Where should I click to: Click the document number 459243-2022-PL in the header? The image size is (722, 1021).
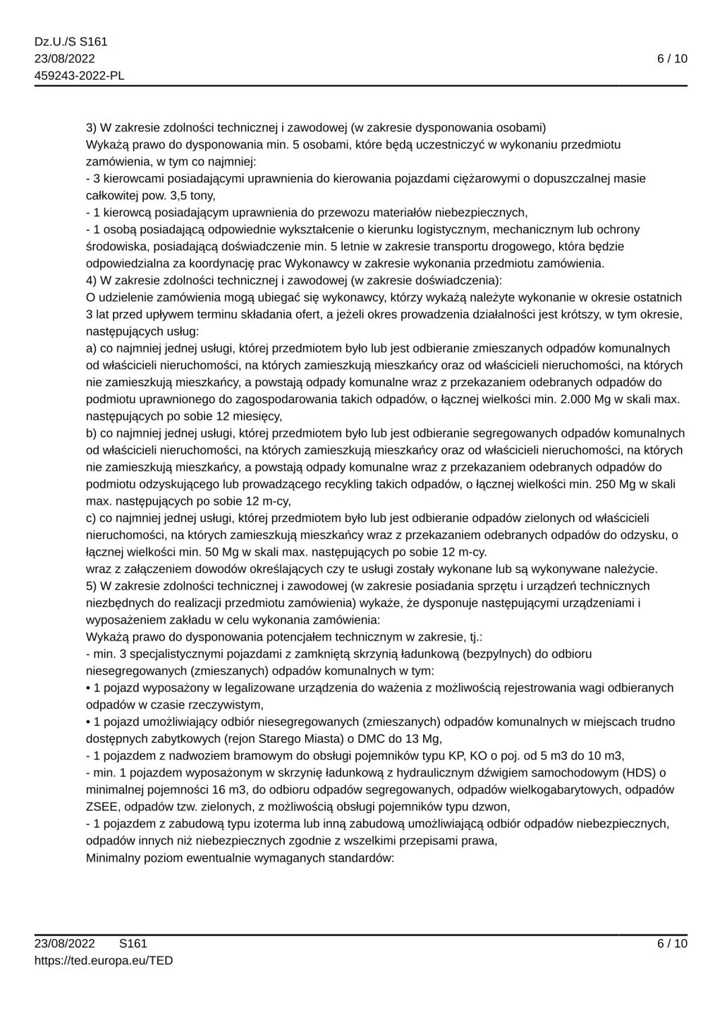click(x=80, y=75)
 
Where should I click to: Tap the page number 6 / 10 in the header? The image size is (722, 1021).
click(x=672, y=58)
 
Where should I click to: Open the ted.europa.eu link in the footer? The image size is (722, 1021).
click(x=104, y=960)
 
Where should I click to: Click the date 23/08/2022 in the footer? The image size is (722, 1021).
click(x=65, y=943)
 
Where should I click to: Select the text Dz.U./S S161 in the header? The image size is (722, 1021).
click(x=71, y=42)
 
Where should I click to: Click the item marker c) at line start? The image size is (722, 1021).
click(x=91, y=518)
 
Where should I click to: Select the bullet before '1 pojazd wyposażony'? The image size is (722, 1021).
click(x=89, y=688)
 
